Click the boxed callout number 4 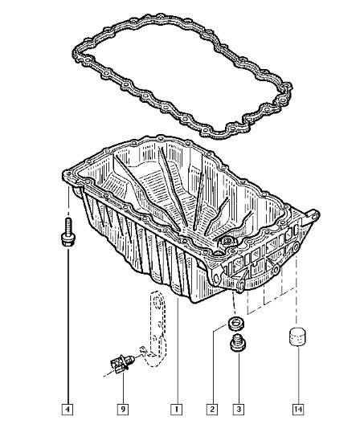pyautogui.click(x=67, y=409)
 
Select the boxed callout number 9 pyautogui.click(x=123, y=409)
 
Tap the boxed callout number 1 pyautogui.click(x=177, y=409)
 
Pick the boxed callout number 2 pyautogui.click(x=212, y=409)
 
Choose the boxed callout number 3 pyautogui.click(x=239, y=409)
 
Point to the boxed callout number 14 pyautogui.click(x=298, y=409)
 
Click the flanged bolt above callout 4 pyautogui.click(x=67, y=232)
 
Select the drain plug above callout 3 pyautogui.click(x=238, y=343)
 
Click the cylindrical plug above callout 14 pyautogui.click(x=297, y=336)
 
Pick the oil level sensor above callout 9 pyautogui.click(x=123, y=363)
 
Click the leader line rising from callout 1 pyautogui.click(x=178, y=351)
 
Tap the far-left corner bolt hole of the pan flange pyautogui.click(x=67, y=174)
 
